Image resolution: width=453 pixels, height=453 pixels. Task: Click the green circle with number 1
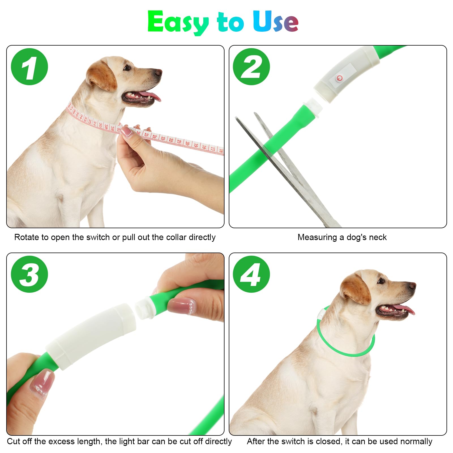pyautogui.click(x=29, y=67)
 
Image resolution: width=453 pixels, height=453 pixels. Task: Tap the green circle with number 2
pyautogui.click(x=251, y=67)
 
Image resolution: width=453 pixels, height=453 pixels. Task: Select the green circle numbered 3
pyautogui.click(x=29, y=274)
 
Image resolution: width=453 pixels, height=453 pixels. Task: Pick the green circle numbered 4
pyautogui.click(x=251, y=274)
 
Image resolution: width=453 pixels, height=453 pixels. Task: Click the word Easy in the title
pyautogui.click(x=178, y=22)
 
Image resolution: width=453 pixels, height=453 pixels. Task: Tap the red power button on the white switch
pyautogui.click(x=339, y=78)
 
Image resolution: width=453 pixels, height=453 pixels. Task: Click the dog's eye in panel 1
pyautogui.click(x=126, y=68)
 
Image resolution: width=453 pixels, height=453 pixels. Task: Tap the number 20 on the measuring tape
pyautogui.click(x=187, y=143)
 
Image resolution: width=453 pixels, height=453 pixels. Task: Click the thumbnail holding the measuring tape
pyautogui.click(x=127, y=132)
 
